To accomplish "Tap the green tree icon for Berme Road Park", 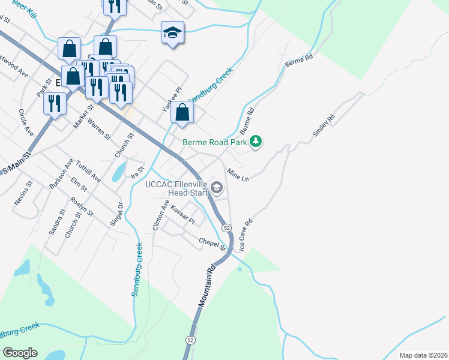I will point(257,141).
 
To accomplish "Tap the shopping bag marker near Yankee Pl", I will point(182,112).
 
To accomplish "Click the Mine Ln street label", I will point(238,175).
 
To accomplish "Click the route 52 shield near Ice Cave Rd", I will point(226,228).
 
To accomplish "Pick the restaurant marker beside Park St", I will point(55,103).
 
